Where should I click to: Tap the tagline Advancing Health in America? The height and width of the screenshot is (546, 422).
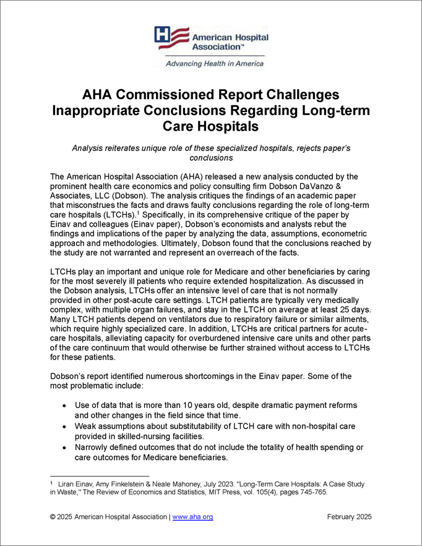click(x=213, y=63)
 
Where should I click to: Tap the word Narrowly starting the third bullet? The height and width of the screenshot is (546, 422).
click(x=93, y=448)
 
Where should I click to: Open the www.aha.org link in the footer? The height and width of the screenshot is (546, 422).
click(x=192, y=517)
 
